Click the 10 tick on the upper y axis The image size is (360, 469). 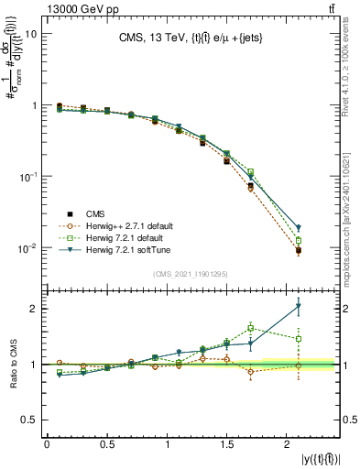pos(29,33)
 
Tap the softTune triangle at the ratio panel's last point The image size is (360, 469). pos(299,306)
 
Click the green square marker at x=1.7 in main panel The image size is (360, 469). pos(250,171)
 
